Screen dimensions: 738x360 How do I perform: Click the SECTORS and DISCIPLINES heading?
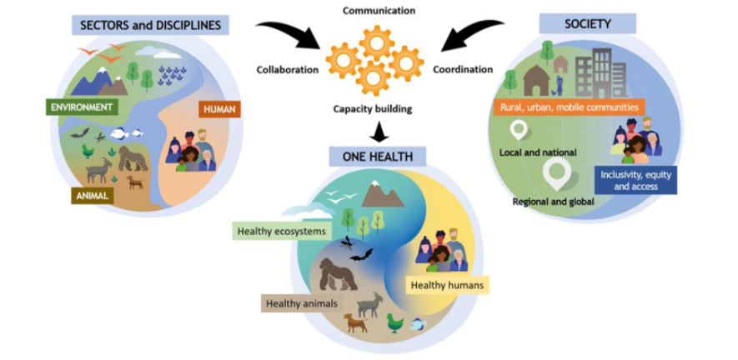[x=150, y=25]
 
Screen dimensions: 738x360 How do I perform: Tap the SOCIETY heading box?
[x=587, y=23]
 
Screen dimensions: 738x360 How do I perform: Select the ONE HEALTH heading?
[x=378, y=157]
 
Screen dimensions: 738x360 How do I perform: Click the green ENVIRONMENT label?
[x=83, y=107]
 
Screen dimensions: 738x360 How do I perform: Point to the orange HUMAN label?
[x=220, y=110]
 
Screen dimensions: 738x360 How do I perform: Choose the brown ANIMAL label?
[x=93, y=196]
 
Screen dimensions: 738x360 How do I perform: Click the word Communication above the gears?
[x=379, y=10]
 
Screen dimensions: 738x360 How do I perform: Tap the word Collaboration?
[x=288, y=70]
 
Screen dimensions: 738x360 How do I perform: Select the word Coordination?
[x=463, y=70]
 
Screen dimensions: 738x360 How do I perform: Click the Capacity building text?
[x=372, y=109]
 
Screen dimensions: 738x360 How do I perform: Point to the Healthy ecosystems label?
[x=283, y=232]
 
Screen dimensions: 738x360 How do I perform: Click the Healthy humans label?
[x=447, y=285]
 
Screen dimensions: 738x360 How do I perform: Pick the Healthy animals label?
[x=302, y=303]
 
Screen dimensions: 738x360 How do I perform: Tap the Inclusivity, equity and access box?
[x=635, y=180]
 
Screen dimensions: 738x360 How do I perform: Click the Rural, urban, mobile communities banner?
[x=569, y=107]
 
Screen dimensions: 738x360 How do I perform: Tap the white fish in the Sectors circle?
[x=118, y=134]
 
